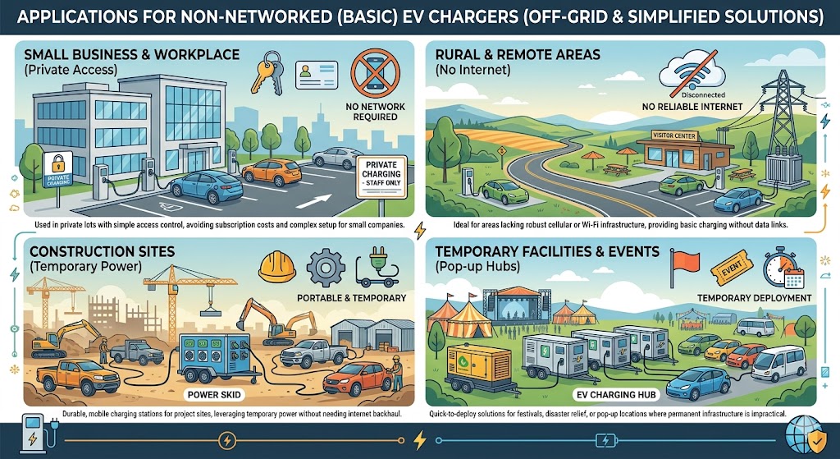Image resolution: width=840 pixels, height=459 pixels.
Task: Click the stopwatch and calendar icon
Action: (780, 268)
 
